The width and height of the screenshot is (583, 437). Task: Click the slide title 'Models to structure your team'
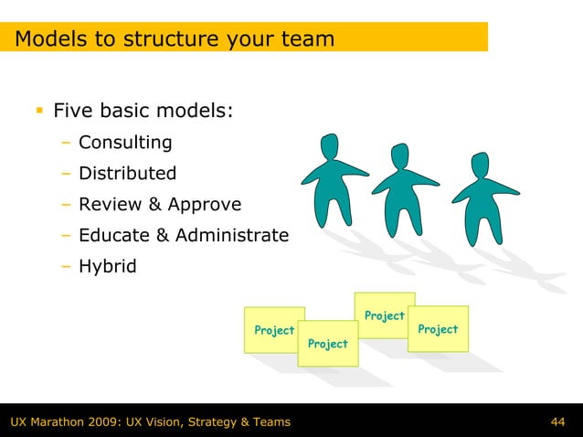tap(175, 39)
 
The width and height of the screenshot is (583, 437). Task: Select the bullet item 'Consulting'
tap(125, 143)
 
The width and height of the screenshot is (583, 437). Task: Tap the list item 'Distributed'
tap(128, 174)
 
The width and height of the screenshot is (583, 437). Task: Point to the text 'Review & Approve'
tap(160, 204)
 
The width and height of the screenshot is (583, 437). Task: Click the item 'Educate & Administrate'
tap(184, 236)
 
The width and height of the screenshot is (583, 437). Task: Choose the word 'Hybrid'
tap(108, 267)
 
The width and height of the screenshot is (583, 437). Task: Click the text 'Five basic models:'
tap(143, 112)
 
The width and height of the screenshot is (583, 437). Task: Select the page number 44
tap(558, 421)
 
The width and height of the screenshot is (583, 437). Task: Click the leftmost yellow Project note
tap(272, 329)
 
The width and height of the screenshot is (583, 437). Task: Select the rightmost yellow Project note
tap(439, 328)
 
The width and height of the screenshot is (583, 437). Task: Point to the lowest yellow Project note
tap(328, 344)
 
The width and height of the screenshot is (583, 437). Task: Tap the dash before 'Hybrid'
tap(67, 267)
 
